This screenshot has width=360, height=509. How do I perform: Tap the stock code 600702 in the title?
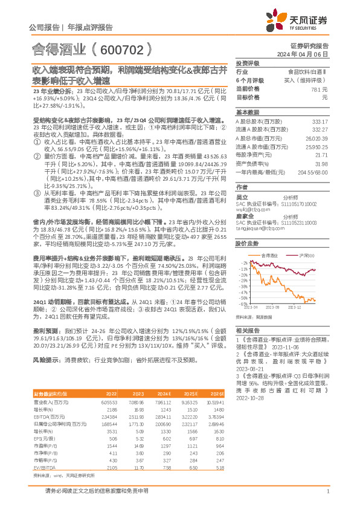[x=128, y=47]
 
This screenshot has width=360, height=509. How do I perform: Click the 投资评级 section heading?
[x=246, y=63]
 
